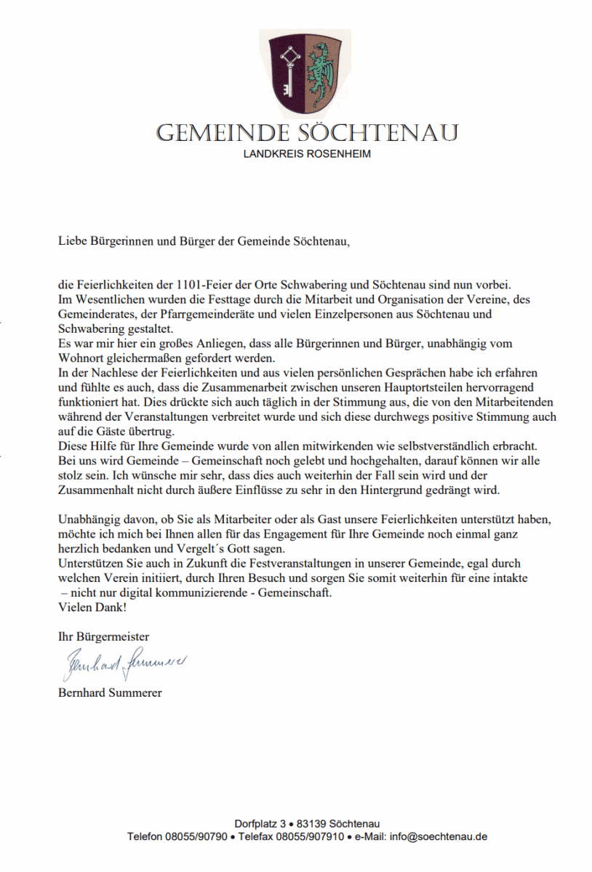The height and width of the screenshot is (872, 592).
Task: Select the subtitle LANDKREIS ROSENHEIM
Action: (307, 154)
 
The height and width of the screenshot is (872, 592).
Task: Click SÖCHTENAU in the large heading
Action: (378, 133)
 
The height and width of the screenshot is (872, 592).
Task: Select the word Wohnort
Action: (78, 358)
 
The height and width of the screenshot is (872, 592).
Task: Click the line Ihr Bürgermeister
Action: (103, 636)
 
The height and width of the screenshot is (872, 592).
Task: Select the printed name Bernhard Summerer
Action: (110, 692)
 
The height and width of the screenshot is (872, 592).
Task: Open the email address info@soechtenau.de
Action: (439, 836)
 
